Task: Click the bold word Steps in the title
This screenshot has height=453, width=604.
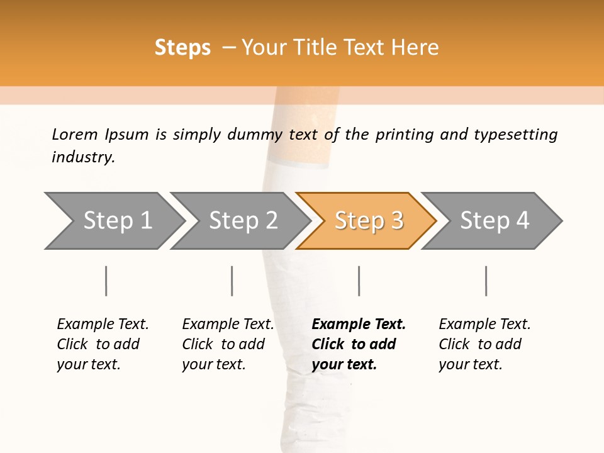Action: click(x=182, y=48)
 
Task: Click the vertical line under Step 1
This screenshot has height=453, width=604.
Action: click(x=106, y=281)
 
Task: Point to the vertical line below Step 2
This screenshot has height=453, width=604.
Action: click(x=232, y=281)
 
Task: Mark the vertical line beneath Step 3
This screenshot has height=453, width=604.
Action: click(x=359, y=281)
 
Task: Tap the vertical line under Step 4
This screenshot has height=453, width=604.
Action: click(x=486, y=281)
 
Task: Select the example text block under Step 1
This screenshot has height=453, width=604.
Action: click(x=103, y=344)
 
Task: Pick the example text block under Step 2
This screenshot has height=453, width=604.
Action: click(x=228, y=344)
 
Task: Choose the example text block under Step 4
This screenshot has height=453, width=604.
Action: click(x=484, y=344)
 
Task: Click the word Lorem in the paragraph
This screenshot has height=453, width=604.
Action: click(x=75, y=135)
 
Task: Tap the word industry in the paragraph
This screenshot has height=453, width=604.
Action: click(x=82, y=157)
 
